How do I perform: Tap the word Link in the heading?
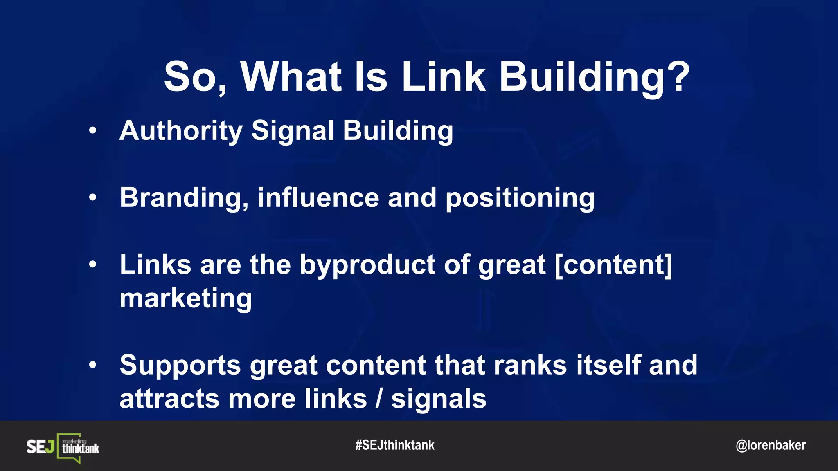[x=444, y=76]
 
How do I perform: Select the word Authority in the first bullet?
[x=181, y=131]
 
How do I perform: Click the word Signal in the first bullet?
[x=293, y=131]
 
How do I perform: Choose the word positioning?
[x=520, y=198]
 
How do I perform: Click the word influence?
[x=318, y=197]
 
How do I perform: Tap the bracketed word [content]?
[x=613, y=265]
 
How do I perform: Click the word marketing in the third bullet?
[x=185, y=299]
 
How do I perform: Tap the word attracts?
[x=169, y=399]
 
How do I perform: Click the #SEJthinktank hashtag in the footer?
[x=394, y=445]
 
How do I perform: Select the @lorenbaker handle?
[x=770, y=445]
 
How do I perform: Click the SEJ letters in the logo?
[x=40, y=447]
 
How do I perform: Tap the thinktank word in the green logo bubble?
[x=81, y=449]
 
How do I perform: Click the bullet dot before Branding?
[x=93, y=198]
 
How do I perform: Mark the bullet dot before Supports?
[x=93, y=365]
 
